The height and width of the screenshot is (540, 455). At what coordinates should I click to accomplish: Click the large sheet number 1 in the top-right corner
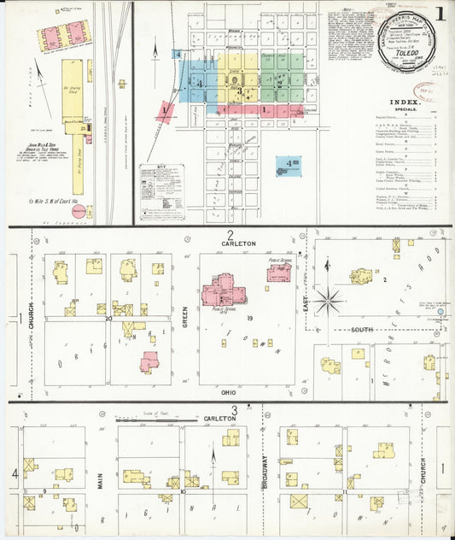click(440, 15)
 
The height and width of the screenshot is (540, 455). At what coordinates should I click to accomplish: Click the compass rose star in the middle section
click(327, 300)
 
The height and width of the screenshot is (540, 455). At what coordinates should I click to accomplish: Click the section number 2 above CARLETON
click(230, 234)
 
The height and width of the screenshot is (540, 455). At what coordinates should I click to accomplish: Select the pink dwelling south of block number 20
click(150, 362)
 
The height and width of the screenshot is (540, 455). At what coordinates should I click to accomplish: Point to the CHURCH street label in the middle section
click(31, 318)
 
